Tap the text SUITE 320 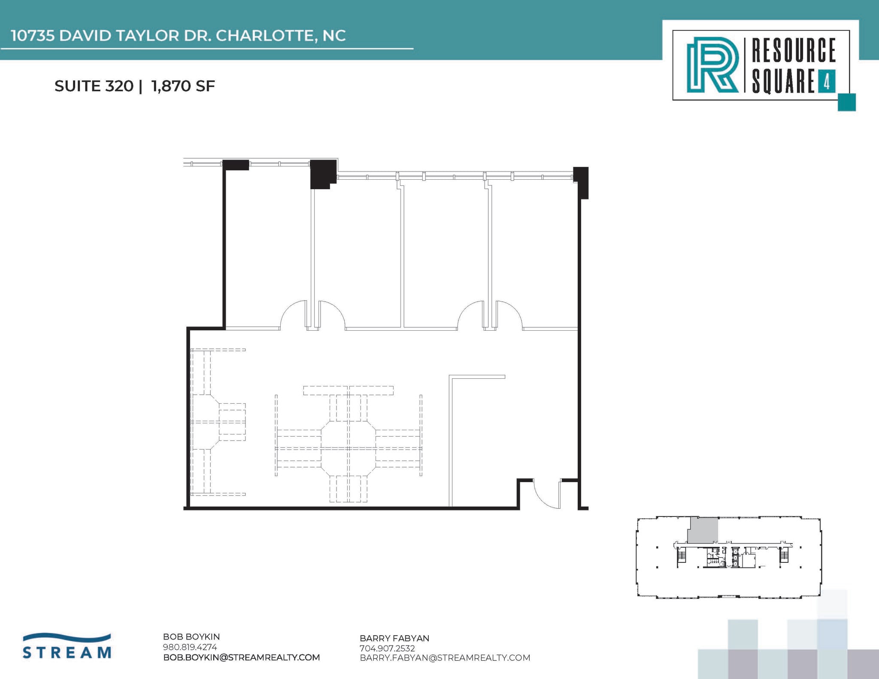pyautogui.click(x=94, y=86)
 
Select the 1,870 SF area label pyautogui.click(x=183, y=86)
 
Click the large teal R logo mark pyautogui.click(x=712, y=65)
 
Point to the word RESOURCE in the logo pyautogui.click(x=793, y=50)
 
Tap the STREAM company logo pyautogui.click(x=67, y=646)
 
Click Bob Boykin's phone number pyautogui.click(x=190, y=647)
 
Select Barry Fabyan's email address pyautogui.click(x=445, y=658)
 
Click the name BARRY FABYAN pyautogui.click(x=394, y=638)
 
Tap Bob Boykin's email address pyautogui.click(x=241, y=657)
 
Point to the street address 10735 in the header pyautogui.click(x=33, y=36)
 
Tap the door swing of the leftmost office pyautogui.click(x=293, y=315)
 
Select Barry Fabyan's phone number pyautogui.click(x=387, y=649)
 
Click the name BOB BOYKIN pyautogui.click(x=191, y=637)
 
